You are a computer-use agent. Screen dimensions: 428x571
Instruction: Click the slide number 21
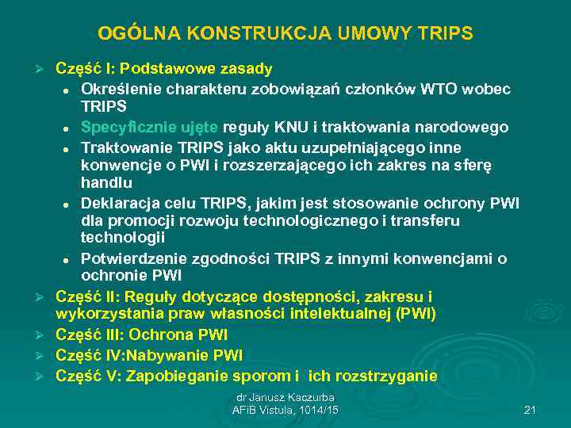pos(531,409)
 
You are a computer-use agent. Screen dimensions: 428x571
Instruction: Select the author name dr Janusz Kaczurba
pos(285,397)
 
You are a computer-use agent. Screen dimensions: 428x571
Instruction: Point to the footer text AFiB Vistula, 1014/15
pos(285,410)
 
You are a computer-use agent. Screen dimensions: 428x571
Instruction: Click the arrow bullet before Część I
pos(48,69)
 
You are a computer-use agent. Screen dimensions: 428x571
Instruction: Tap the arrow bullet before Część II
pos(48,297)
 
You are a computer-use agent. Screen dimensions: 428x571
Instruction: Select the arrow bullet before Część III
pos(48,334)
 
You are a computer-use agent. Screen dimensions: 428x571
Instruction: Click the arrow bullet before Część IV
pos(48,355)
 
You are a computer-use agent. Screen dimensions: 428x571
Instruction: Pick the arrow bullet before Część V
pos(48,376)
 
